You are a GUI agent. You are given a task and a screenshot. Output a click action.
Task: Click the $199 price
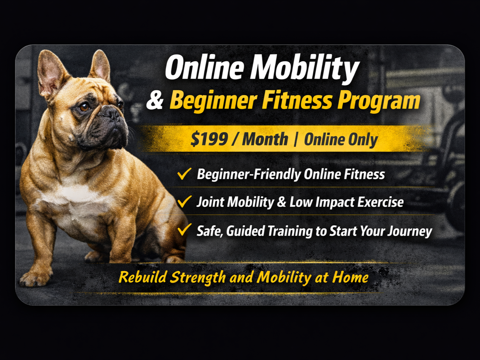tap(209, 139)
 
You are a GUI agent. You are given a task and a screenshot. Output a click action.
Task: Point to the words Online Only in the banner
tap(341, 140)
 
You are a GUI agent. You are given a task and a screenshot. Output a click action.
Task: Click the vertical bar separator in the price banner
tap(296, 140)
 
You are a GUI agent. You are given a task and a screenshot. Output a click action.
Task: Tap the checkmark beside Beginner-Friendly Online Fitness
tap(184, 174)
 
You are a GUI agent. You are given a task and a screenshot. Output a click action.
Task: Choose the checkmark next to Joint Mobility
tap(184, 202)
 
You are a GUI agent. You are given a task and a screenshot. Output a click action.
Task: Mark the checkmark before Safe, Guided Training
tap(184, 230)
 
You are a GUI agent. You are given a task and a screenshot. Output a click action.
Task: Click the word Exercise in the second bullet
tap(380, 202)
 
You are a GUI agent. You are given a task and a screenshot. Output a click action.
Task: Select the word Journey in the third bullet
tap(410, 231)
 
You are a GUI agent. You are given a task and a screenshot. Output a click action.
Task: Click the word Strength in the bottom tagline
tap(198, 278)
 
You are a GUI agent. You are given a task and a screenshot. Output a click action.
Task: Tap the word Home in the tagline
tap(350, 277)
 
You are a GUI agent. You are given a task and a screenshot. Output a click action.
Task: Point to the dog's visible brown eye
tap(84, 108)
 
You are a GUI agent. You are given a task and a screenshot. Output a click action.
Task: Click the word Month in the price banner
tap(265, 139)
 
